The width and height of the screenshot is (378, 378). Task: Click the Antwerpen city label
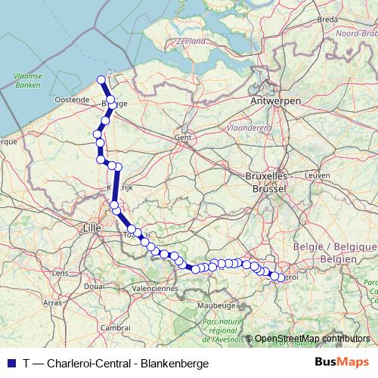pos(276,101)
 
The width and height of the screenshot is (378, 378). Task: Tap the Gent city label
pos(182,138)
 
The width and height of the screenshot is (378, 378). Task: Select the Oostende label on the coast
pos(72,99)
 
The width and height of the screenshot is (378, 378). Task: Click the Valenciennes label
pos(153,288)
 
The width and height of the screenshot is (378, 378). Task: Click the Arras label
pos(52,302)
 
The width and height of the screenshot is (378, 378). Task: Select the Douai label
pos(94,286)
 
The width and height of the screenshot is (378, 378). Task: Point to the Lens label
pos(60,273)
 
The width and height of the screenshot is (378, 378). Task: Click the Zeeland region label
pos(191,42)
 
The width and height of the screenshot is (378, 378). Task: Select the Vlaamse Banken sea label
pos(28,81)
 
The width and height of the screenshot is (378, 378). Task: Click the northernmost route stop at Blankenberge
pos(102,79)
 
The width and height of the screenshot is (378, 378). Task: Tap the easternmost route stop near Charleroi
pos(281,277)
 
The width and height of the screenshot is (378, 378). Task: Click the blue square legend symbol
pos(10,363)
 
